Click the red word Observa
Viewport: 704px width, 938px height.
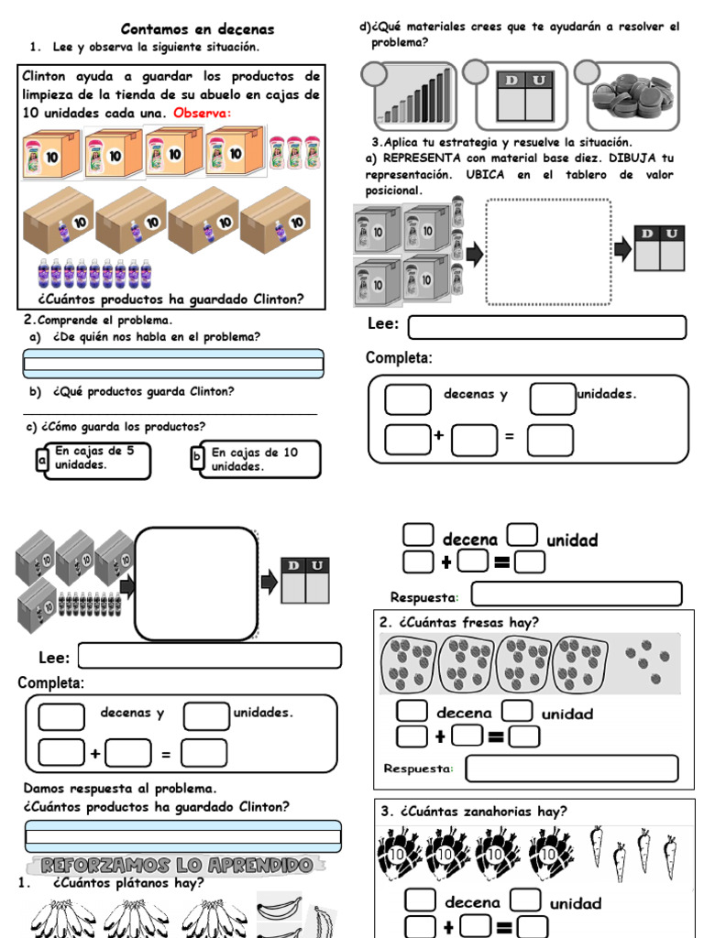pyautogui.click(x=202, y=113)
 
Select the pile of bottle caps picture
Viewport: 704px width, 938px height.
pyautogui.click(x=632, y=96)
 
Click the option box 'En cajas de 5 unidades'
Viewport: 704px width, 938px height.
pyautogui.click(x=93, y=460)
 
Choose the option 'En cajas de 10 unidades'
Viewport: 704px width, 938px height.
pyautogui.click(x=255, y=460)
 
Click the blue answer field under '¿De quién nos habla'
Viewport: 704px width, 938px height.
pyautogui.click(x=173, y=364)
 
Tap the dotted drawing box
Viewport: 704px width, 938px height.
pyautogui.click(x=548, y=252)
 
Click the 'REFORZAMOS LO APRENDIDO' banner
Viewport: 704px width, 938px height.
pyautogui.click(x=177, y=865)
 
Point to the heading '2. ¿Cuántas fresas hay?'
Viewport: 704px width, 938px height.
pyautogui.click(x=458, y=622)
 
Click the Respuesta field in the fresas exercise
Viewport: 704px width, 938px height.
pyautogui.click(x=572, y=769)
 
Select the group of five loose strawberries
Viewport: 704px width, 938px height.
pyautogui.click(x=645, y=661)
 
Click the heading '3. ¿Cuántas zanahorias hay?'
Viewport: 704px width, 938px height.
pyautogui.click(x=473, y=812)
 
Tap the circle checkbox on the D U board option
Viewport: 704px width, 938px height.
pyautogui.click(x=476, y=72)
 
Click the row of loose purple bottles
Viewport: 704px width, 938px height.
pyautogui.click(x=96, y=274)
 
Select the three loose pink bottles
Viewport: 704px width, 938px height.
pyautogui.click(x=294, y=153)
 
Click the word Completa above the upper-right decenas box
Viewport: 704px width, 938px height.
pyautogui.click(x=399, y=358)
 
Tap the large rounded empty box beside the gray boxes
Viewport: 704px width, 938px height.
pyautogui.click(x=196, y=584)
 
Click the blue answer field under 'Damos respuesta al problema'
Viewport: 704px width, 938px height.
pyautogui.click(x=183, y=836)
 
